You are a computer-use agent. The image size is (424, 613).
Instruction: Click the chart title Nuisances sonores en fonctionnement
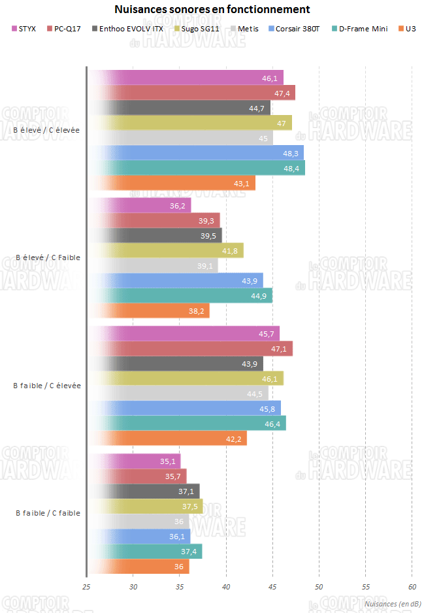coord(212,10)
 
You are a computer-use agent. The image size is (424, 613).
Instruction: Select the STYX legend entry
coord(24,29)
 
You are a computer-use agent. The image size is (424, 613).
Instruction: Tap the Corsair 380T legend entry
coord(303,29)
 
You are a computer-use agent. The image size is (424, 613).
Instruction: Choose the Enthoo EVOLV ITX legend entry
coord(126,29)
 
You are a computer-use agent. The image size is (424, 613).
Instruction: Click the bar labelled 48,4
coord(196,168)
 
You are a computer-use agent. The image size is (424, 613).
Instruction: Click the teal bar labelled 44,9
coord(180,295)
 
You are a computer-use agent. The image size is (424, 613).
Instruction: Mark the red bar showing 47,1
coord(189,348)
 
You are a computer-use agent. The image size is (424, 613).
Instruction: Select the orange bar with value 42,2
coord(167,439)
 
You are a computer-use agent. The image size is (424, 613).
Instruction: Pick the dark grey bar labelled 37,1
coord(144,491)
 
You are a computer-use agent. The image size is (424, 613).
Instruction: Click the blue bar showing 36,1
coord(139,536)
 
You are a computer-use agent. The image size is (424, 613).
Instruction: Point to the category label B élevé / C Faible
coord(48,257)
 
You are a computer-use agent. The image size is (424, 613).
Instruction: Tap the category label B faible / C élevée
coord(47,386)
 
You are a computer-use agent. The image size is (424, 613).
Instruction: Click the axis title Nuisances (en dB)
coord(392,604)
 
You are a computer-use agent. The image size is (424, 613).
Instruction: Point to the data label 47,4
coord(282,93)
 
